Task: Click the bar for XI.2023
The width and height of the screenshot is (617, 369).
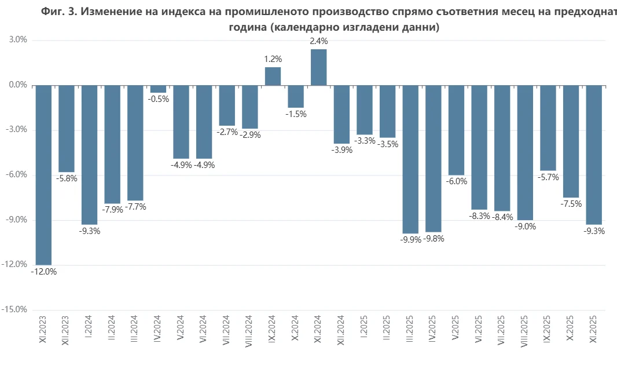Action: pyautogui.click(x=43, y=176)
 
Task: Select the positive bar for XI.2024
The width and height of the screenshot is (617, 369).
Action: pyautogui.click(x=319, y=67)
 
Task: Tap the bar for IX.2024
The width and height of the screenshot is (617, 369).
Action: pyautogui.click(x=273, y=76)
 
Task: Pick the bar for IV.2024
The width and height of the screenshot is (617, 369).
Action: pyautogui.click(x=158, y=89)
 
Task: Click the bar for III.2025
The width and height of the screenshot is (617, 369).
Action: pyautogui.click(x=410, y=159)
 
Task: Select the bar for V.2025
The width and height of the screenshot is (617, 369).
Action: pyautogui.click(x=457, y=130)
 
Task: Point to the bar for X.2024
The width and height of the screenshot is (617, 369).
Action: pyautogui.click(x=296, y=97)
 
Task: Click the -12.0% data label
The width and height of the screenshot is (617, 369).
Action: pyautogui.click(x=43, y=272)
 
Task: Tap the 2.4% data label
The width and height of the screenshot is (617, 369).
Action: pyautogui.click(x=319, y=41)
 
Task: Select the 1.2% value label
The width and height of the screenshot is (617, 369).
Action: pyautogui.click(x=273, y=59)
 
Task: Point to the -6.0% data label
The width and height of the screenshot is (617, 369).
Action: pyautogui.click(x=457, y=181)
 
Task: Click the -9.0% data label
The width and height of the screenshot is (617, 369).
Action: pyautogui.click(x=526, y=226)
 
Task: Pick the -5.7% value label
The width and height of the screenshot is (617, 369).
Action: pyautogui.click(x=549, y=178)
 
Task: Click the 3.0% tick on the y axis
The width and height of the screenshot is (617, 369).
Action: pyautogui.click(x=19, y=40)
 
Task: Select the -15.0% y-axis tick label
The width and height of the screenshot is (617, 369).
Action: pyautogui.click(x=14, y=309)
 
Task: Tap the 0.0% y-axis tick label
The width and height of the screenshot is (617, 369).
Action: pyautogui.click(x=19, y=85)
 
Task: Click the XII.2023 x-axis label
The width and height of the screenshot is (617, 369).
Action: pyautogui.click(x=65, y=330)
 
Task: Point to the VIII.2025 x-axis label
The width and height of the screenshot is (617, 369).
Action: pyautogui.click(x=524, y=331)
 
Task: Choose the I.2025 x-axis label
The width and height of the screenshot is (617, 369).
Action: pyautogui.click(x=363, y=327)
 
